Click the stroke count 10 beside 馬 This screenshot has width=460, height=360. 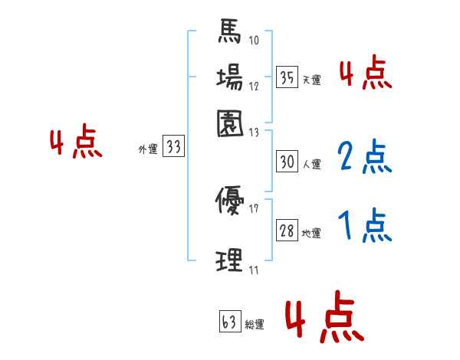tap(255, 41)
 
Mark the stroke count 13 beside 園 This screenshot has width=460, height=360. tap(255, 132)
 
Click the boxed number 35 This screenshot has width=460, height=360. tap(287, 77)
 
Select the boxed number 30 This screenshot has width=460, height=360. tap(287, 162)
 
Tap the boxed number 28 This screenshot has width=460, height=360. tap(287, 231)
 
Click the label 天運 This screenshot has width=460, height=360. tap(312, 79)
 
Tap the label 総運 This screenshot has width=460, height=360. tap(255, 325)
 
